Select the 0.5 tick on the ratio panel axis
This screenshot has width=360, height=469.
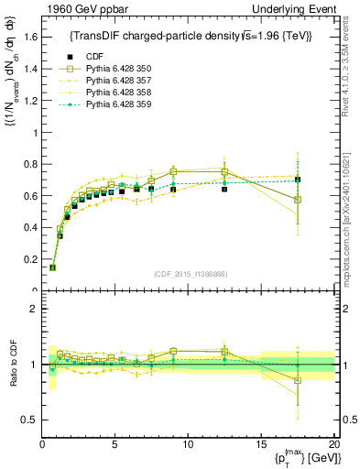tap(28, 420)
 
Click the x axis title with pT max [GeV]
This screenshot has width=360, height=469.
tap(299, 459)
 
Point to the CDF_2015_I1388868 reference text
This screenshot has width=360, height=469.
tap(189, 272)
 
